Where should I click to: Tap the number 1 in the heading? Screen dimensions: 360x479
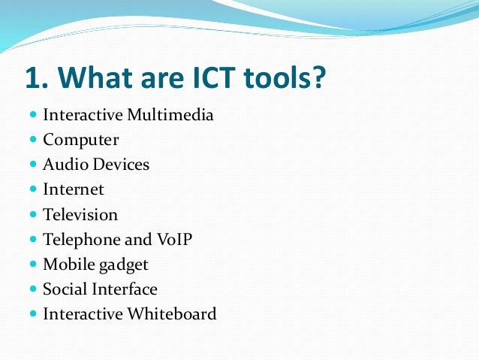click(35, 77)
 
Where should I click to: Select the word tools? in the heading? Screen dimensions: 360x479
click(285, 77)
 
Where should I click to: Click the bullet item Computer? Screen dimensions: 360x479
click(80, 140)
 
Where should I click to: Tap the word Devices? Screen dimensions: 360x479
click(117, 165)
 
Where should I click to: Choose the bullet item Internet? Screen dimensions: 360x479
click(74, 189)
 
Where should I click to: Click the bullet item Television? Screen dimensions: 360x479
click(80, 214)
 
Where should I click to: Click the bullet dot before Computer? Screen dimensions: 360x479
click(33, 141)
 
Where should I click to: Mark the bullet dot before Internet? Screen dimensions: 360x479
click(33, 190)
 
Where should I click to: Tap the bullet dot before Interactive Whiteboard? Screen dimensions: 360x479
click(33, 314)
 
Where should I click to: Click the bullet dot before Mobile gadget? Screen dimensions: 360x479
click(33, 265)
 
